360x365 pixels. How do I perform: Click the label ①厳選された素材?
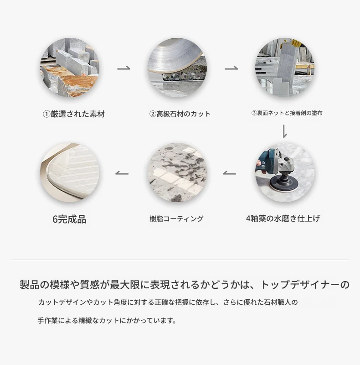point(74,114)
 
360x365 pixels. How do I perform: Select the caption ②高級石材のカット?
point(180,114)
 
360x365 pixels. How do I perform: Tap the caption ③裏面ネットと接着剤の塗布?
point(287,113)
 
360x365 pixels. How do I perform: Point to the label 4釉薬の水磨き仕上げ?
point(283,219)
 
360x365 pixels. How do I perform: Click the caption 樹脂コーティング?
point(176,219)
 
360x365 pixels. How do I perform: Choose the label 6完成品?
point(69,219)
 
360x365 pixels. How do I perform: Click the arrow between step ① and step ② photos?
point(123,68)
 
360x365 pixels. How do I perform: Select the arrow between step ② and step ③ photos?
point(231,68)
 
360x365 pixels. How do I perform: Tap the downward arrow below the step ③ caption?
point(285,131)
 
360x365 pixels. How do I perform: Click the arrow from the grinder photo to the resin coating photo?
point(229,173)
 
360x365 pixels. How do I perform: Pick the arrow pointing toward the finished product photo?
point(122,173)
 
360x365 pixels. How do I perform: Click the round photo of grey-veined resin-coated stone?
point(177,172)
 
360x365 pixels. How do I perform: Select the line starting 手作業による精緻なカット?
point(107,321)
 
